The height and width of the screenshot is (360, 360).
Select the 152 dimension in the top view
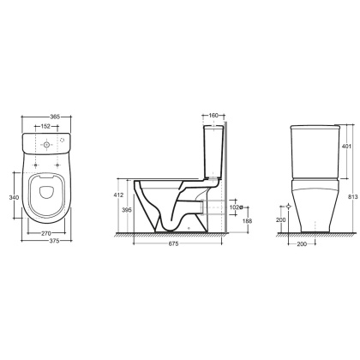tap(45, 126)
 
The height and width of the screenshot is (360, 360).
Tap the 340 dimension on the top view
tap(14, 197)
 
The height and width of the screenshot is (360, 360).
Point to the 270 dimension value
tap(46, 233)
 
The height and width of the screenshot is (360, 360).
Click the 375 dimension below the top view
tap(54, 241)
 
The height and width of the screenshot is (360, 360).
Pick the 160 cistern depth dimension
tap(213, 116)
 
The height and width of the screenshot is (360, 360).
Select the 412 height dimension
tap(118, 195)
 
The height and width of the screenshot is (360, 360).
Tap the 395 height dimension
tap(127, 210)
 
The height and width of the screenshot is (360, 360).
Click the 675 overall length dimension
tap(173, 243)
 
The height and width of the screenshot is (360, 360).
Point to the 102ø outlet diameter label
tap(237, 207)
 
